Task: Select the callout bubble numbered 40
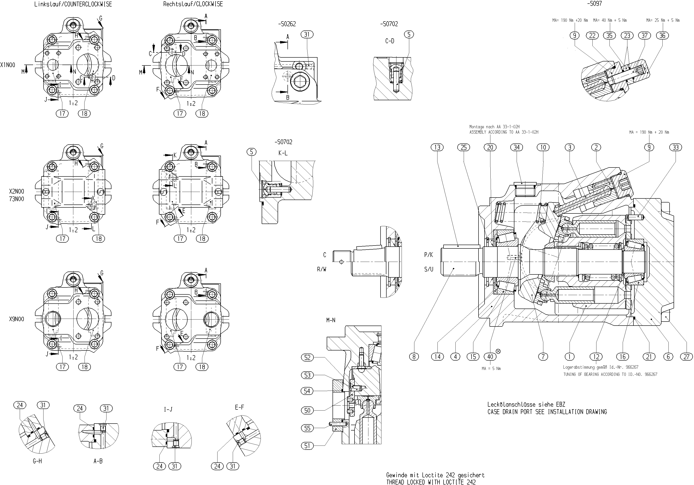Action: pos(490,357)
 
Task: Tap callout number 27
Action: pos(686,357)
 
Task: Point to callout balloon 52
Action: pos(307,357)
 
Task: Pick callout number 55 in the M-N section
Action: pos(307,428)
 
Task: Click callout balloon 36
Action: pos(662,36)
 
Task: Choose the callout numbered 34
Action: pos(517,148)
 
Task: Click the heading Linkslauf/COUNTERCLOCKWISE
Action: pos(73,4)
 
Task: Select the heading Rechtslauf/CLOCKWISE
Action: pos(193,4)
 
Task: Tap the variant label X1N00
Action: pos(8,65)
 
